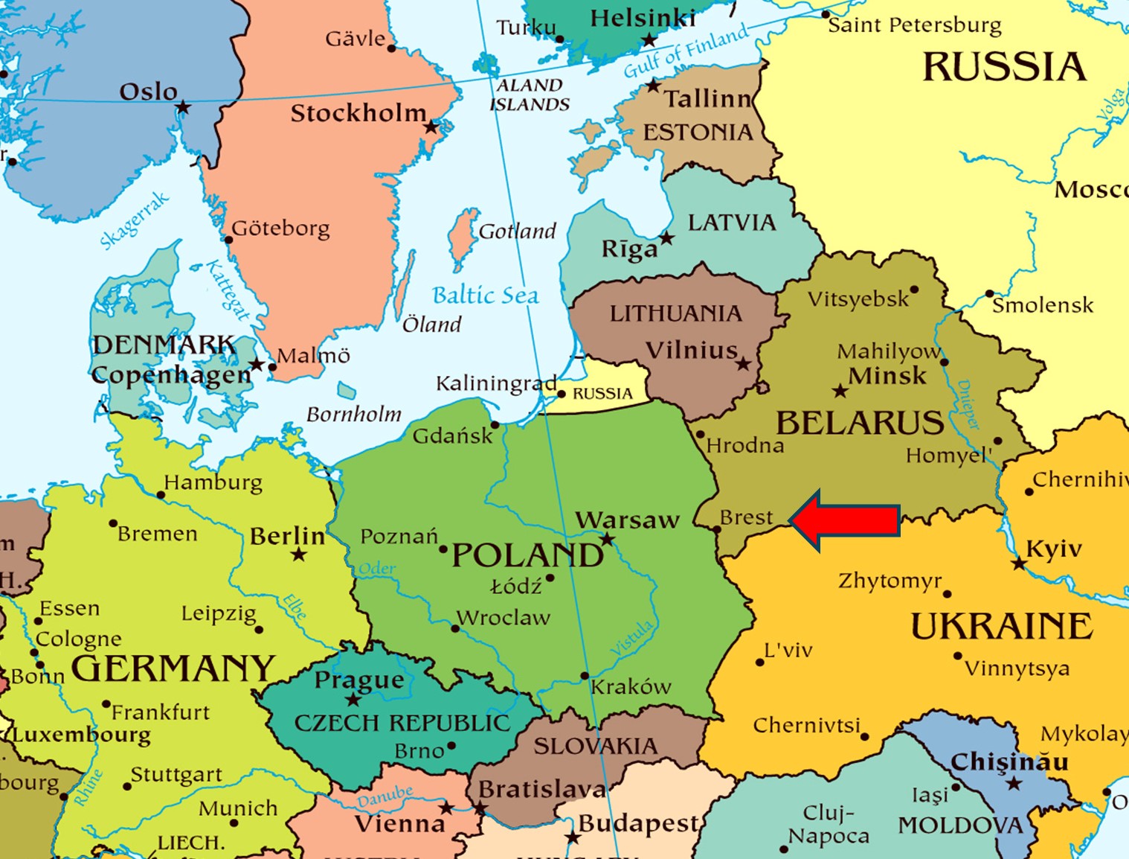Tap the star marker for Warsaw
[x=608, y=540]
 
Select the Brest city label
[x=747, y=517]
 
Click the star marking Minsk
[x=840, y=391]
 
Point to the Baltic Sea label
[x=486, y=296]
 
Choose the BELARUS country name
[x=860, y=423]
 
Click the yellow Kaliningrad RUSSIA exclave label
[x=602, y=393]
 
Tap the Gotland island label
[x=518, y=231]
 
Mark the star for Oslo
[x=183, y=108]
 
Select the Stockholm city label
[x=358, y=113]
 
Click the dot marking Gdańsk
[x=495, y=425]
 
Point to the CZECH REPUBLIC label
[x=402, y=723]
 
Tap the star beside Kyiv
[x=1019, y=564]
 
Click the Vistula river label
[x=631, y=639]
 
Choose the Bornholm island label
[x=354, y=414]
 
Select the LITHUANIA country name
[x=675, y=313]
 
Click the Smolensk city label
[x=1043, y=305]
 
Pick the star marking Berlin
[x=299, y=555]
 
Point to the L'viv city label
[x=788, y=650]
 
